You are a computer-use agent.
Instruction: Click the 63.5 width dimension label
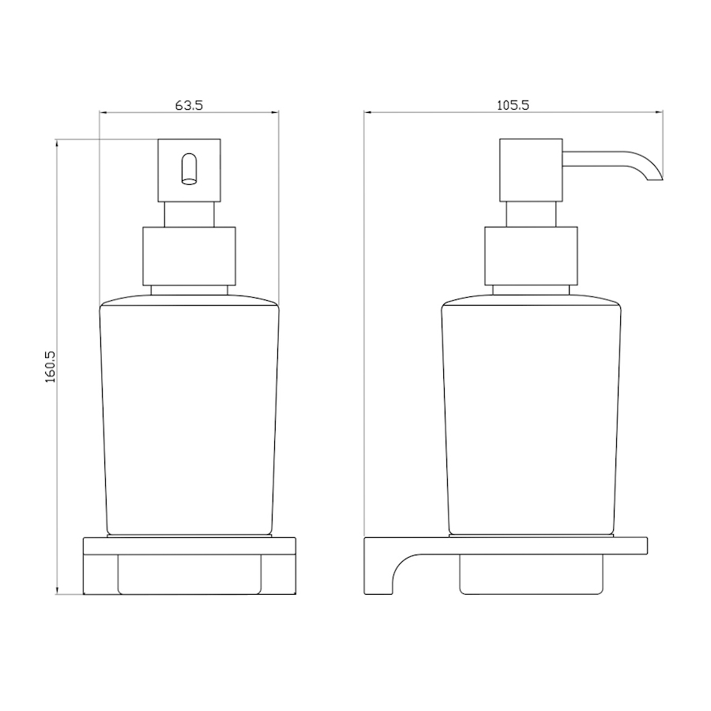click(x=189, y=105)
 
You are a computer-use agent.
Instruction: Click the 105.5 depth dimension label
click(x=513, y=105)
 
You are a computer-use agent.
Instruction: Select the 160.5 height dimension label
click(x=50, y=367)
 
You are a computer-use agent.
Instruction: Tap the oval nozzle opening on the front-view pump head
click(x=189, y=170)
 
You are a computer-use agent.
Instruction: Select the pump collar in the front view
click(x=189, y=256)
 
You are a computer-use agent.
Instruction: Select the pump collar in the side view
click(x=531, y=256)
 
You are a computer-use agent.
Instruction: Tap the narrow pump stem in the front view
click(x=189, y=214)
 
